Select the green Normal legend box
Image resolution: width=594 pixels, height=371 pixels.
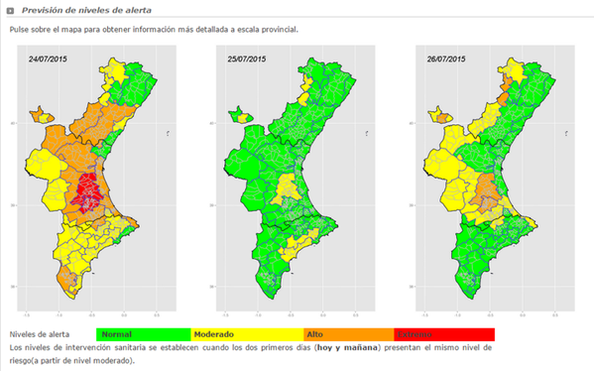(x=143, y=334)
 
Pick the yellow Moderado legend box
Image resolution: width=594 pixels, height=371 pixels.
(x=247, y=334)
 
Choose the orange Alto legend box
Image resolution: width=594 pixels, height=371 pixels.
(x=348, y=334)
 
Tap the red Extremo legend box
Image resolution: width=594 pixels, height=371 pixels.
(x=444, y=334)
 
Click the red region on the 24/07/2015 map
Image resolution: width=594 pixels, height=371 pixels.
(x=88, y=188)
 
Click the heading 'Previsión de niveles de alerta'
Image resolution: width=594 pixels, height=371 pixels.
(x=73, y=9)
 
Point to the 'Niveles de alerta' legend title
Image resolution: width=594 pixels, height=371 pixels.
(x=41, y=334)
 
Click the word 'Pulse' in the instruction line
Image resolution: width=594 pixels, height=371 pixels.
(x=20, y=30)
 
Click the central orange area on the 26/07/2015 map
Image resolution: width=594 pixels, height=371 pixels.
(x=487, y=188)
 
